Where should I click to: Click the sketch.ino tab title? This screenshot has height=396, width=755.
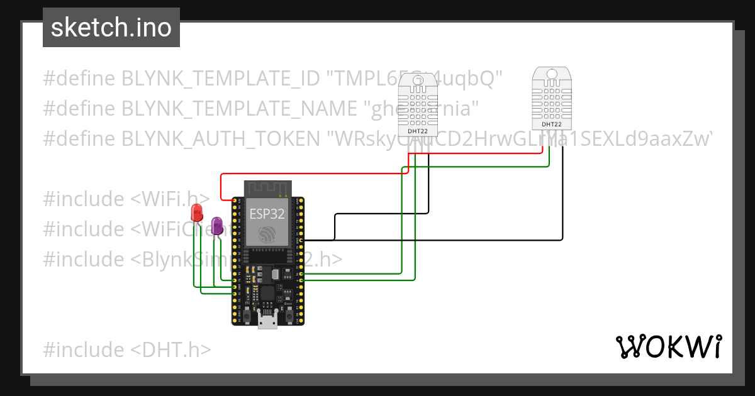click(x=111, y=28)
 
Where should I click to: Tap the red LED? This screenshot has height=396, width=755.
click(x=197, y=212)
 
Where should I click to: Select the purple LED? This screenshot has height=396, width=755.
click(x=217, y=226)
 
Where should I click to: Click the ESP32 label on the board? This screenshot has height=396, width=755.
click(x=267, y=213)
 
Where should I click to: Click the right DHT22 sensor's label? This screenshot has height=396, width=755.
click(x=551, y=124)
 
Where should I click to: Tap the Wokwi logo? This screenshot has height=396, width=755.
click(x=668, y=346)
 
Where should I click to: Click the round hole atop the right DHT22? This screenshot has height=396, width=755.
click(x=552, y=74)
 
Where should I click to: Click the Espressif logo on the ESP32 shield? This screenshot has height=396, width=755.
click(x=267, y=233)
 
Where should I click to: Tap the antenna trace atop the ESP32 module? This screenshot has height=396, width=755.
click(x=267, y=187)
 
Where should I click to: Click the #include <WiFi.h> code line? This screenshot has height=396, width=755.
click(x=126, y=199)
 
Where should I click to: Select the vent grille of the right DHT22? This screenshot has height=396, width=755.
click(x=552, y=97)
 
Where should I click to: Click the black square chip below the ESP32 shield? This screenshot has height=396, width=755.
click(x=267, y=293)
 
